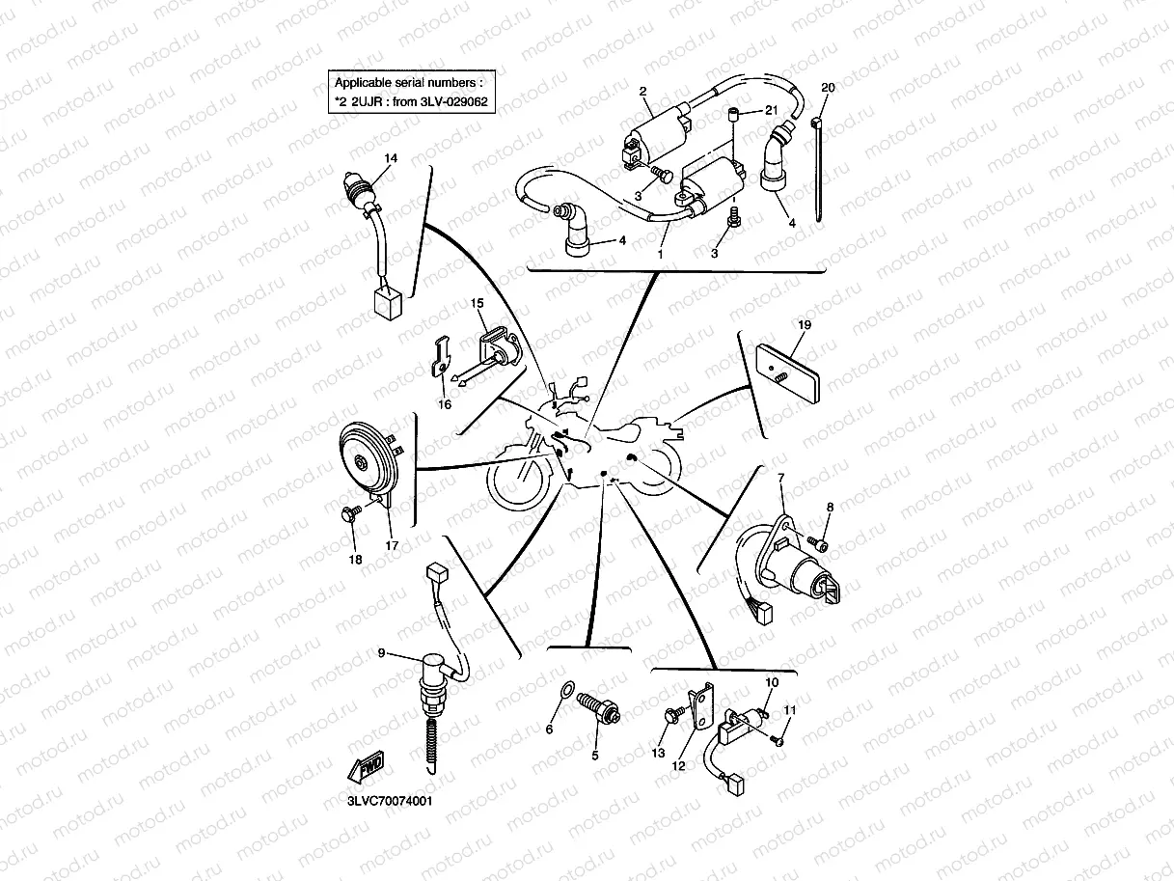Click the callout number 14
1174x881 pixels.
[391, 158]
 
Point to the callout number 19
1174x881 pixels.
[805, 325]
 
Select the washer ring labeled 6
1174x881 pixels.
[568, 689]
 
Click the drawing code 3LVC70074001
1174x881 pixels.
[390, 800]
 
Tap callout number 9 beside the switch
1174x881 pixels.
[382, 653]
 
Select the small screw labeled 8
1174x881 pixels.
[820, 545]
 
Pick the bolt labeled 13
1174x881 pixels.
[672, 715]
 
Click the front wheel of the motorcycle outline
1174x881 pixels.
[521, 482]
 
